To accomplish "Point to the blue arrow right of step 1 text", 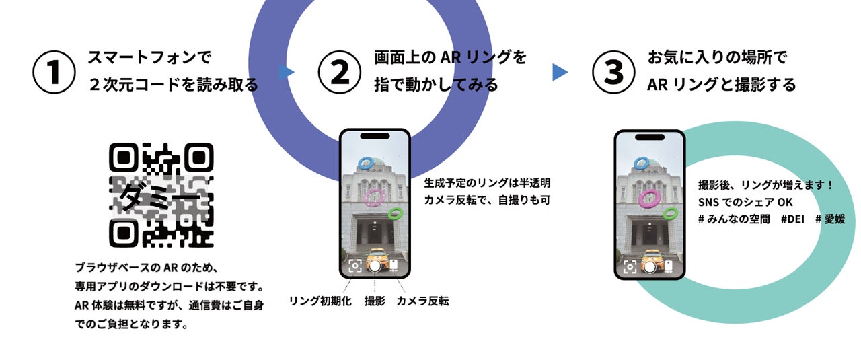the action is pyautogui.click(x=287, y=72).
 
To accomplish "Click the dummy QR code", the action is pyautogui.click(x=161, y=194).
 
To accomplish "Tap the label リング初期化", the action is pyautogui.click(x=320, y=301).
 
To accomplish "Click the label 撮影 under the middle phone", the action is pyautogui.click(x=375, y=301).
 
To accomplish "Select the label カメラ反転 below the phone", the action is pyautogui.click(x=422, y=301).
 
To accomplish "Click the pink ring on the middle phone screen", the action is pyautogui.click(x=374, y=197).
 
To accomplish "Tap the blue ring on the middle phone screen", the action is pyautogui.click(x=366, y=163).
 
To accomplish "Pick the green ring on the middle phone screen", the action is pyautogui.click(x=396, y=213).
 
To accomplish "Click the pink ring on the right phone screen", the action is pyautogui.click(x=649, y=198).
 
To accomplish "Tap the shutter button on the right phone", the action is pyautogui.click(x=649, y=266).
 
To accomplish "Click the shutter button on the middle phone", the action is pyautogui.click(x=375, y=265).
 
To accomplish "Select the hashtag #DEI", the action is pyautogui.click(x=794, y=219).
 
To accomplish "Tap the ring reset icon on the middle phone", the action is pyautogui.click(x=354, y=265).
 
